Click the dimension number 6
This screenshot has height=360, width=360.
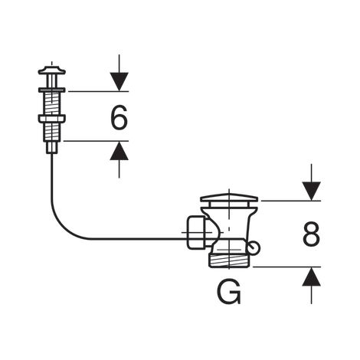point(119,117)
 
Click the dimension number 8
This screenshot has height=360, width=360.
point(311,234)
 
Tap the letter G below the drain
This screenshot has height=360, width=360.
point(229,293)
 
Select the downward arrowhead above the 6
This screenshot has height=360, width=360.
point(119,81)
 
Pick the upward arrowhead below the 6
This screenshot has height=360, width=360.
point(119,151)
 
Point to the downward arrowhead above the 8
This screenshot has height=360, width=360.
point(311,191)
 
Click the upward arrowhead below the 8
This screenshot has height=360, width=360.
point(311,277)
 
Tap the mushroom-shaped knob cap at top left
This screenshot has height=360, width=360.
point(52,70)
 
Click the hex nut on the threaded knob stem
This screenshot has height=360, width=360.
point(52,119)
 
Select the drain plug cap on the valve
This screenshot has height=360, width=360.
point(229,198)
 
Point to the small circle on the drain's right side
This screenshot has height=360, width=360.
point(254,247)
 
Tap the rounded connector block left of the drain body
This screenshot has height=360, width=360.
point(196,232)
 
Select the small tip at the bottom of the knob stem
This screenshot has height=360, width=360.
point(52,148)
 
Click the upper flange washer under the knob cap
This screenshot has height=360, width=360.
point(52,90)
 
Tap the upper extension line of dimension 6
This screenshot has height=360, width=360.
point(98,91)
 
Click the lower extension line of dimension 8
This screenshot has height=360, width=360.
point(286,267)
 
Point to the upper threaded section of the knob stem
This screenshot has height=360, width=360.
point(52,103)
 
